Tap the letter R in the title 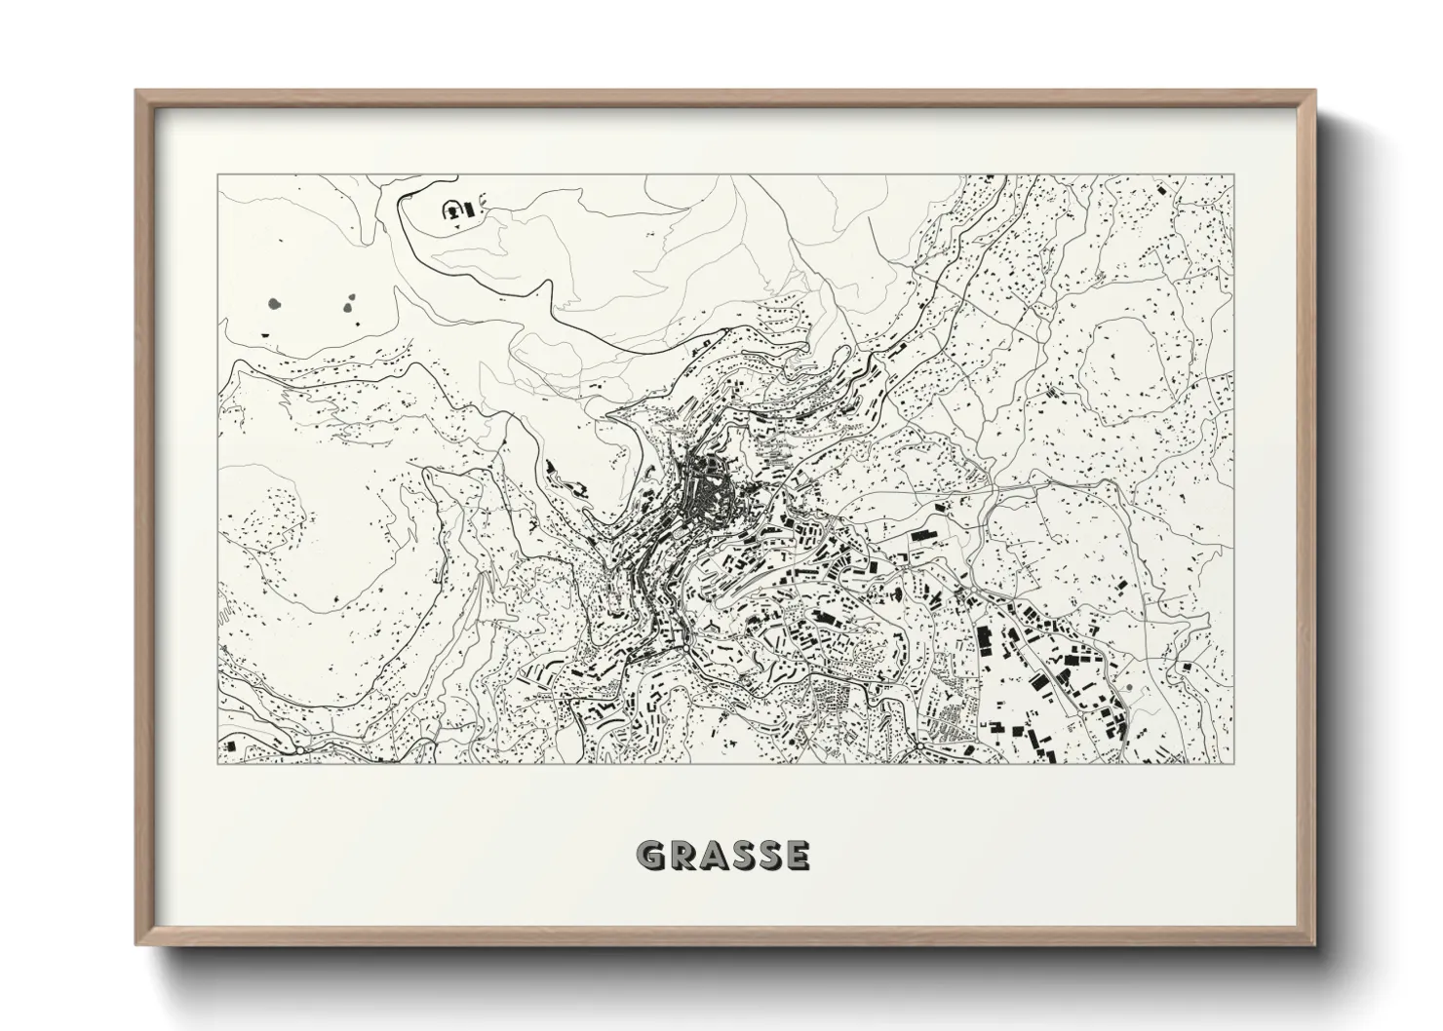(679, 856)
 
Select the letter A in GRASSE (710, 856)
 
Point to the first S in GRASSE (740, 856)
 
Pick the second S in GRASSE (768, 856)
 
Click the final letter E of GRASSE (797, 856)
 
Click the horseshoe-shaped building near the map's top (452, 209)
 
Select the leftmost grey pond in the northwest (274, 303)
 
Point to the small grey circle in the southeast (1129, 689)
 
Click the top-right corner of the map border (1232, 175)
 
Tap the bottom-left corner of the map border (218, 764)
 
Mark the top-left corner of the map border (218, 175)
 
